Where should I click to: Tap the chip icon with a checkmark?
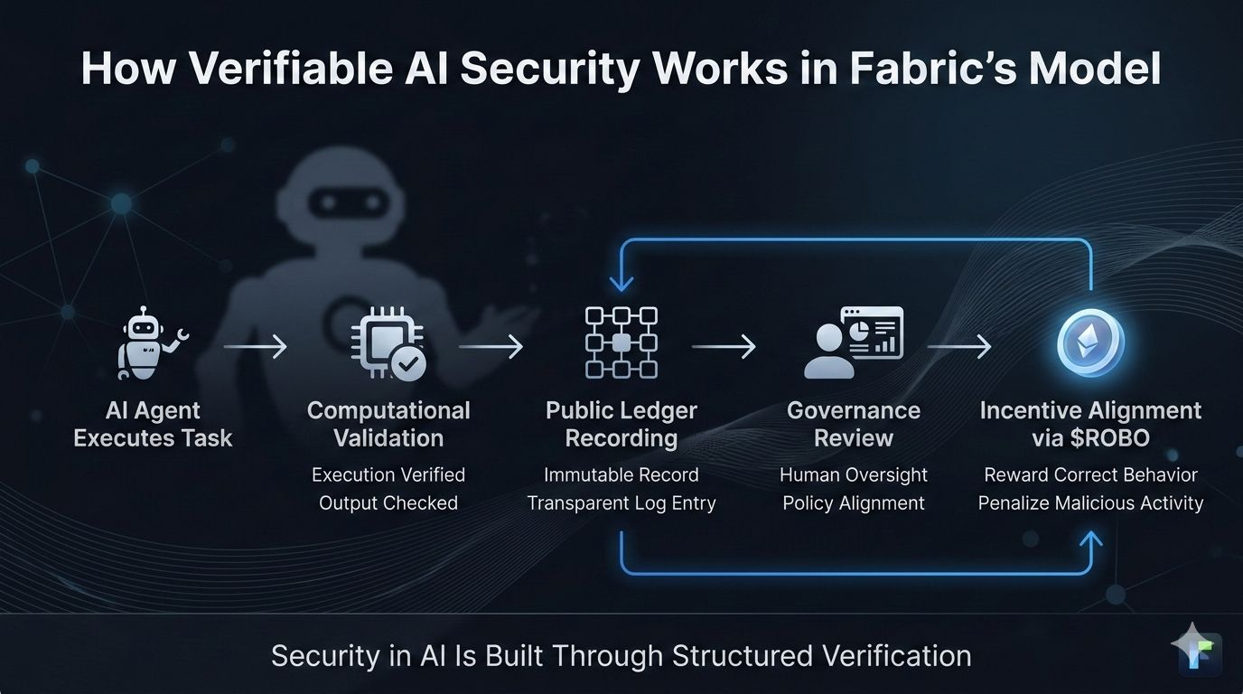tap(388, 345)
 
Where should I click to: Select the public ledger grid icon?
tap(621, 342)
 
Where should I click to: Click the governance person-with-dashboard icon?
tap(853, 342)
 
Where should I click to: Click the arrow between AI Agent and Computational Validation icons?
tap(255, 346)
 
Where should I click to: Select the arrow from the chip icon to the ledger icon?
tap(491, 346)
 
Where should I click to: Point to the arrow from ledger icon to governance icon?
tap(724, 346)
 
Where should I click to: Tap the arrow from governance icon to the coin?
tap(959, 346)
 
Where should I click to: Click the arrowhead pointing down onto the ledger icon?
tap(621, 281)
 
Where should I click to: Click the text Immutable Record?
tap(621, 475)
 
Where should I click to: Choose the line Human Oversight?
tap(854, 475)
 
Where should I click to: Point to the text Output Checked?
tap(388, 503)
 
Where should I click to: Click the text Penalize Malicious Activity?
tap(1090, 503)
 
